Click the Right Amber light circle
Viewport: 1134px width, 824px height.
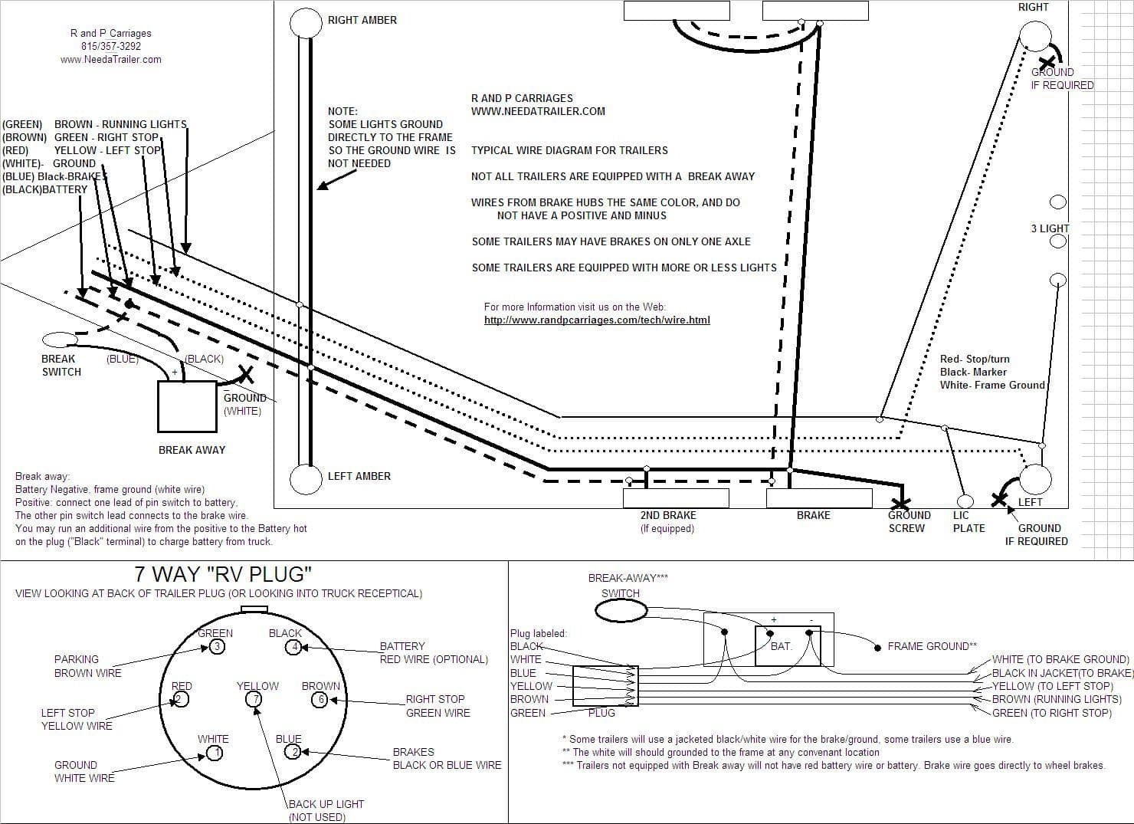tap(306, 23)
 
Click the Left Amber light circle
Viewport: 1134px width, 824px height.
tap(306, 479)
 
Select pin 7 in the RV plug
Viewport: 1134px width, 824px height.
tap(253, 699)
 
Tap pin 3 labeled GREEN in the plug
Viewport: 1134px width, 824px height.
tap(217, 647)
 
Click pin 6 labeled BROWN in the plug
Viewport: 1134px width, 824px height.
tap(320, 700)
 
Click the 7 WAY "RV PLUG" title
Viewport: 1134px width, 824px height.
tap(223, 574)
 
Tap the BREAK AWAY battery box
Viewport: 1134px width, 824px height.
tap(187, 406)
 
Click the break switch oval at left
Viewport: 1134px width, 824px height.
tap(58, 340)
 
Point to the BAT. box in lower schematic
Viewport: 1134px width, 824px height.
tap(787, 646)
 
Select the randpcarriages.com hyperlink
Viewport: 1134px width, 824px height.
tap(597, 320)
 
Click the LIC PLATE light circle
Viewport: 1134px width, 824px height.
tap(965, 501)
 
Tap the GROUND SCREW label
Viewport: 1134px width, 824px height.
tap(908, 522)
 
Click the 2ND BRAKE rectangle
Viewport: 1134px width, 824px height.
tap(675, 498)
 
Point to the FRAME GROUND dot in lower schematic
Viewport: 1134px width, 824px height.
tap(877, 647)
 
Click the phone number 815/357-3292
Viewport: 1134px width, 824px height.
tap(111, 46)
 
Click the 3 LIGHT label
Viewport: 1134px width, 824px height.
tap(1049, 228)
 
